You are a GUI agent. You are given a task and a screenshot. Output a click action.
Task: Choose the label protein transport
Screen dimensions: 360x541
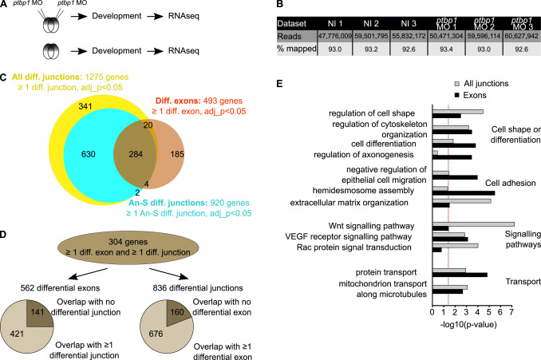point(381,271)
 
